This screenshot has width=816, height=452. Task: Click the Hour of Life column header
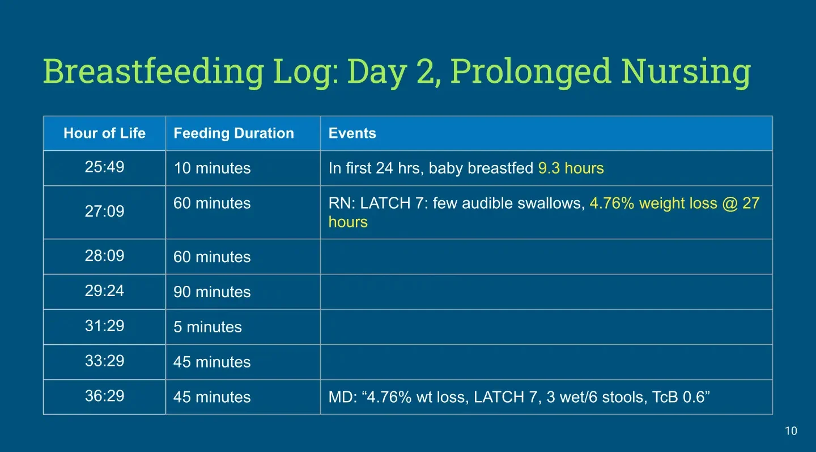[104, 133]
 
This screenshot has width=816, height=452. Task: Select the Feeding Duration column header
[234, 133]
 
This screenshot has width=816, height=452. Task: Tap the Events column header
[352, 133]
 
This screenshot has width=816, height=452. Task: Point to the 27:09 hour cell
[104, 212]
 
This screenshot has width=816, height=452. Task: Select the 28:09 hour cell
[104, 256]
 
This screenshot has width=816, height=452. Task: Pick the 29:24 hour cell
[104, 291]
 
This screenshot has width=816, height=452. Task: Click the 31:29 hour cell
[104, 326]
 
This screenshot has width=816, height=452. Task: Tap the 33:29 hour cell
[104, 361]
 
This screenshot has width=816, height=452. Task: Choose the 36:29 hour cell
[104, 396]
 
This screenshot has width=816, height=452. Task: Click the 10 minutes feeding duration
[212, 168]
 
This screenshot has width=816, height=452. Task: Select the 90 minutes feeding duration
[212, 292]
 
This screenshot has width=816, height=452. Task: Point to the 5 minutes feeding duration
[207, 327]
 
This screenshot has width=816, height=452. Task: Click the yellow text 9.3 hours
[571, 168]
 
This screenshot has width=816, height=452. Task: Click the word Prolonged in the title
[531, 72]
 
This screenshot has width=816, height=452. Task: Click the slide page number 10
[791, 431]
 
